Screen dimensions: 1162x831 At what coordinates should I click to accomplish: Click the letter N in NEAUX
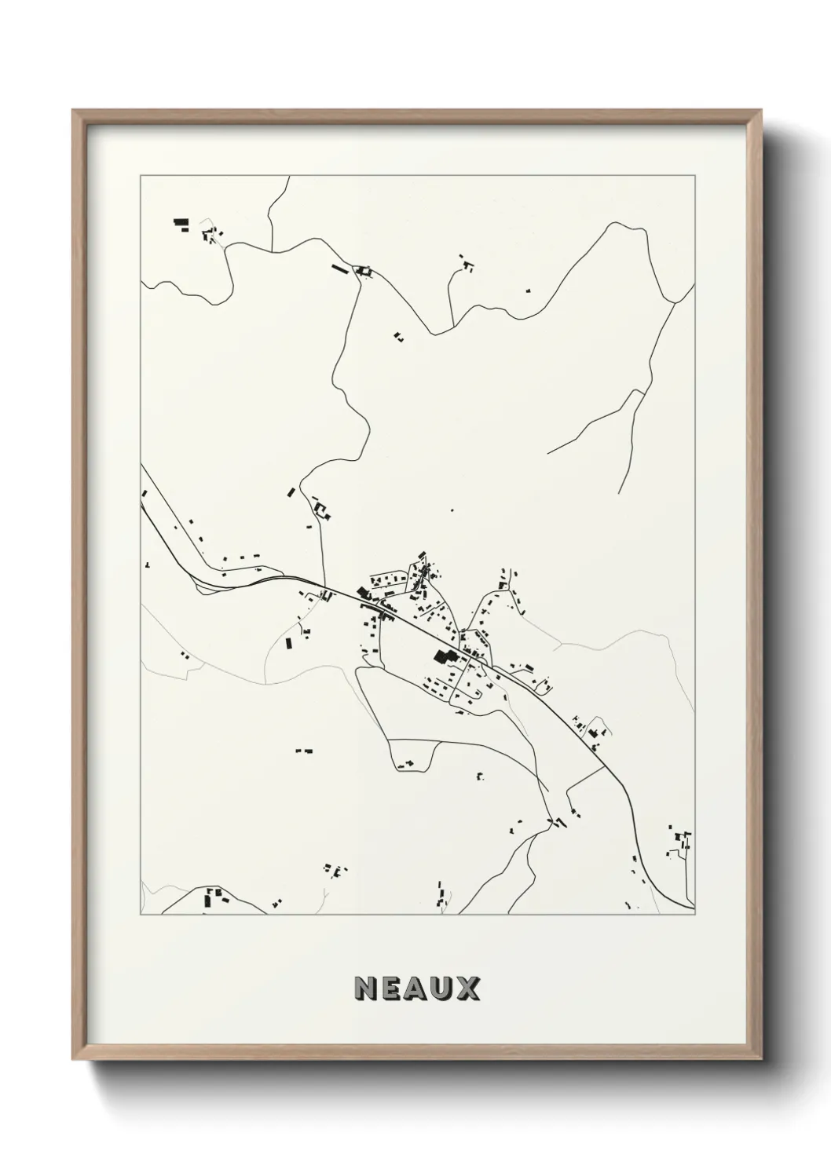[x=366, y=988]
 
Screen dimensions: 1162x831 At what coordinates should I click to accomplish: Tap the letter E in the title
[x=392, y=988]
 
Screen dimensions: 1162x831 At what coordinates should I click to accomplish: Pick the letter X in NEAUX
[x=468, y=988]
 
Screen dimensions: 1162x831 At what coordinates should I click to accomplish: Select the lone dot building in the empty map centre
[x=451, y=510]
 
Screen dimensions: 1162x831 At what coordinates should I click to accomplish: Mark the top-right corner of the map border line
[x=696, y=175]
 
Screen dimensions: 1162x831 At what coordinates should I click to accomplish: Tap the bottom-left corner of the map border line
[x=141, y=915]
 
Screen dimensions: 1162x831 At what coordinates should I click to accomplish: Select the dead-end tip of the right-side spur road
[x=547, y=453]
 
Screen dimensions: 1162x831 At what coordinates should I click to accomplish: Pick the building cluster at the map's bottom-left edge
[x=214, y=896]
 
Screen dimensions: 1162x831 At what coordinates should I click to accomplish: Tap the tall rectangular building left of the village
[x=288, y=643]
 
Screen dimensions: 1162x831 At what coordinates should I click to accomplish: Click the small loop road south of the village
[x=412, y=754]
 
